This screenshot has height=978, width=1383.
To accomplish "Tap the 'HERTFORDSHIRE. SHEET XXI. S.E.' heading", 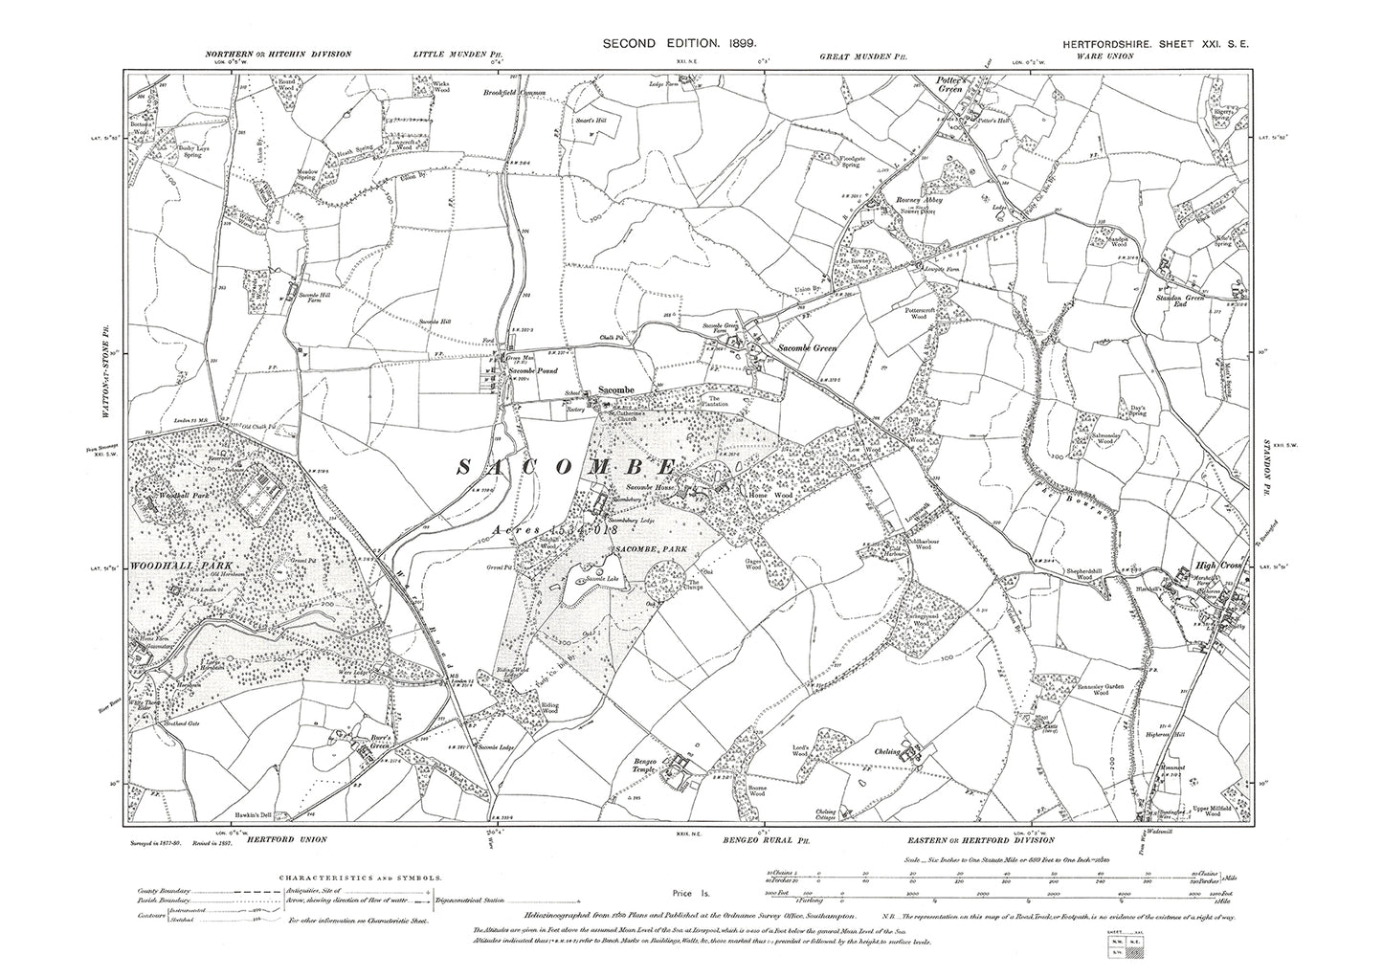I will pos(1159,43).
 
